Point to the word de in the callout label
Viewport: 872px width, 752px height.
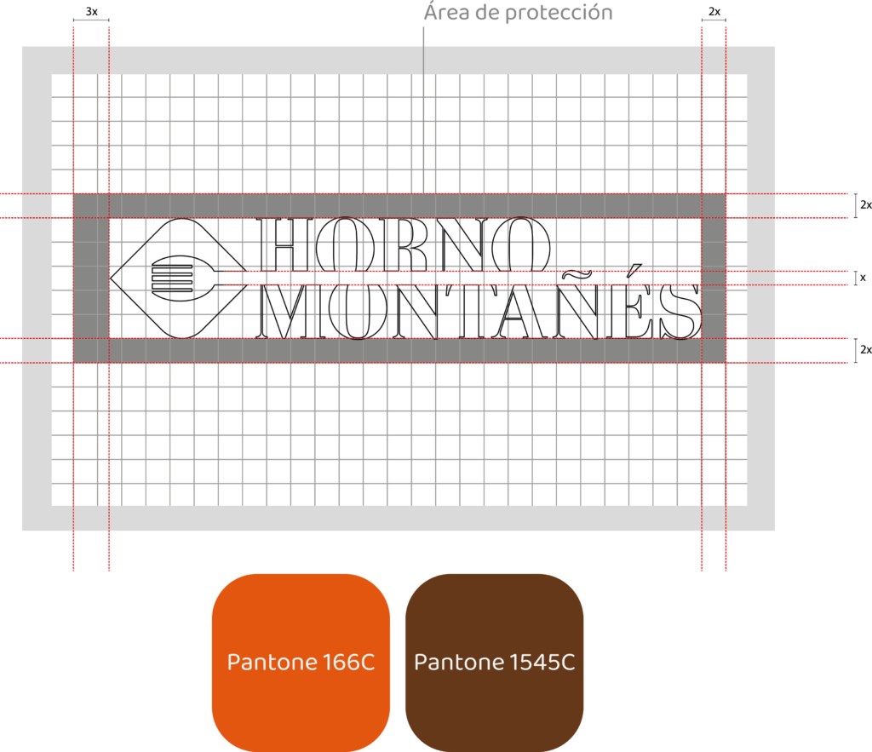pos(485,13)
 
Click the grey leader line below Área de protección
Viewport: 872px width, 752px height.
pos(423,102)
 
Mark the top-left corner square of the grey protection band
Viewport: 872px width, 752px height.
pos(91,206)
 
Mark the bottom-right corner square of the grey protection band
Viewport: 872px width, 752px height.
pos(714,351)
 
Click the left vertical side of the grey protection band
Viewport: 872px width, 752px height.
pos(91,278)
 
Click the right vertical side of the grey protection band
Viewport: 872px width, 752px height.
pos(714,278)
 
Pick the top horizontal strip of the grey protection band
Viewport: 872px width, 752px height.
pos(400,206)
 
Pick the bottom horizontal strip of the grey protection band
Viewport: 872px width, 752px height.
pos(400,351)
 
